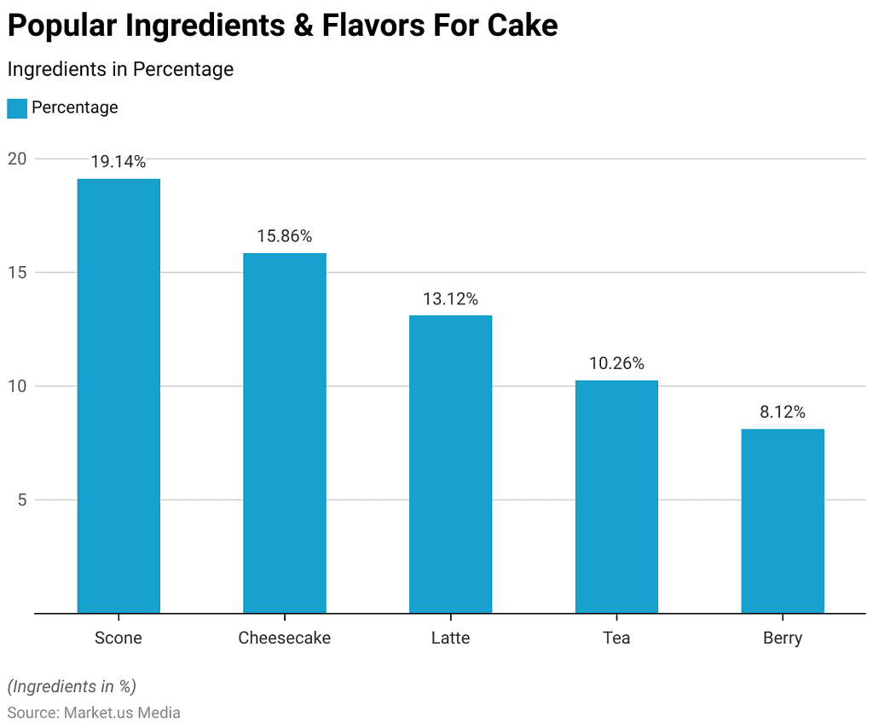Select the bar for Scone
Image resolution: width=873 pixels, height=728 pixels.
pos(119,396)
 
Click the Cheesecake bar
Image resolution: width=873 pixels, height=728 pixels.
pos(284,433)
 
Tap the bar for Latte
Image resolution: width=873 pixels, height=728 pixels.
pos(450,464)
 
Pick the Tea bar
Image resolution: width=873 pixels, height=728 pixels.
pos(616,496)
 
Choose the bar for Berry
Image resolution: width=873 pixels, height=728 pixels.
pos(783,521)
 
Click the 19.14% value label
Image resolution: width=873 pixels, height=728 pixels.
pos(119,162)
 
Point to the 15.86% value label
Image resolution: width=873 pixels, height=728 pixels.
pos(284,236)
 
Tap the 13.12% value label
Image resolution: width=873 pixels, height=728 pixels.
pos(450,299)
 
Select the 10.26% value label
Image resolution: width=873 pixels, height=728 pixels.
pos(616,363)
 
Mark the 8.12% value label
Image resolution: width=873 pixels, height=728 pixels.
pos(783,412)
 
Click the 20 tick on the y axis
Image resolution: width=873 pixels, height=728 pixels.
pos(18,159)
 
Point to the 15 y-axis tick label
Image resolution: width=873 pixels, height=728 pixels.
pos(18,273)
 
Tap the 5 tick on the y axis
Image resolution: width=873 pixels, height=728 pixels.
pos(22,500)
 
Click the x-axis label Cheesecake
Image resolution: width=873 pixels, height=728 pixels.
pos(284,638)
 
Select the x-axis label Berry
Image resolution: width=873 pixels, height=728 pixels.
pos(783,638)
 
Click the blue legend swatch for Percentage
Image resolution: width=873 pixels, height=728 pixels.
pos(17,108)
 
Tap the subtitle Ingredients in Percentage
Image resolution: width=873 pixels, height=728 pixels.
pos(120,69)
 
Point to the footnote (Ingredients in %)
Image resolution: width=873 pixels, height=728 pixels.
pos(72,686)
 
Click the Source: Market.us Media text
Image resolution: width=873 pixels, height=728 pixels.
pos(94,713)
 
